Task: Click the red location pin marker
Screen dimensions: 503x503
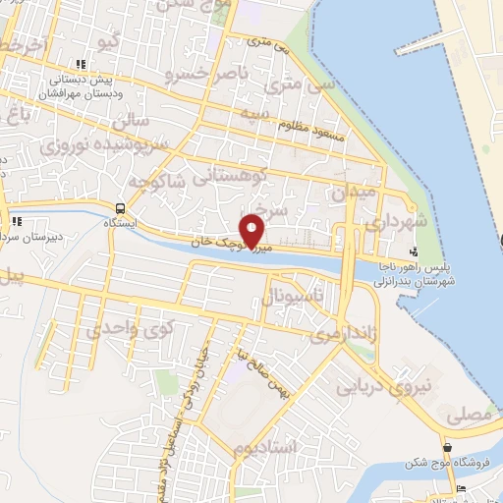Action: click(x=252, y=231)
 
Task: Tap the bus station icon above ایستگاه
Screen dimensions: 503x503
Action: click(x=120, y=208)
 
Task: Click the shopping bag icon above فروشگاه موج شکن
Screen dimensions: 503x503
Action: click(x=448, y=448)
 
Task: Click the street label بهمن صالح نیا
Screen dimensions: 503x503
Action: click(x=265, y=376)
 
